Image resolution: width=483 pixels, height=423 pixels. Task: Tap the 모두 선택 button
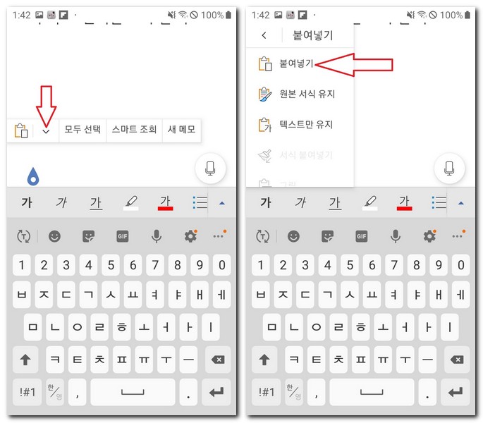click(x=82, y=130)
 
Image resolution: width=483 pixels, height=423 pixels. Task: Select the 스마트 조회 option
click(x=133, y=130)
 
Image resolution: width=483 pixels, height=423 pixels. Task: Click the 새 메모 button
click(x=181, y=130)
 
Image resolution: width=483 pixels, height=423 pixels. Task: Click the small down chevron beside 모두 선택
click(x=47, y=131)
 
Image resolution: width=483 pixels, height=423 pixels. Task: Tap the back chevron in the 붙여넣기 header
click(x=264, y=35)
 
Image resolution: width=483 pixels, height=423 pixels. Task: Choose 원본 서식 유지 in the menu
click(x=307, y=94)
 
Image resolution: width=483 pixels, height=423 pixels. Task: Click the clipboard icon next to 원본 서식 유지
click(x=265, y=94)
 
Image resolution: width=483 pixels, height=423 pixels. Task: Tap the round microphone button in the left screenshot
click(x=210, y=168)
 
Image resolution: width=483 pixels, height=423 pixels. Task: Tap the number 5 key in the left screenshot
click(x=111, y=266)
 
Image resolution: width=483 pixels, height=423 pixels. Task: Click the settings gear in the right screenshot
click(x=429, y=237)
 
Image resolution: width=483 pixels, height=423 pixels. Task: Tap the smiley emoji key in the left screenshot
click(x=54, y=237)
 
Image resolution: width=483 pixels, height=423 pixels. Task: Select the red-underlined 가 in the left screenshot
click(x=166, y=203)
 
